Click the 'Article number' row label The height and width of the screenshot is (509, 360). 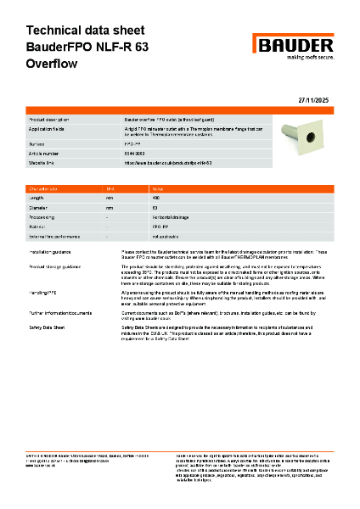[45, 153]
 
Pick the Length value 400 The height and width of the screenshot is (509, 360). [155, 196]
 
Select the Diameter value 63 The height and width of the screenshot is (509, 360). [155, 207]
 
